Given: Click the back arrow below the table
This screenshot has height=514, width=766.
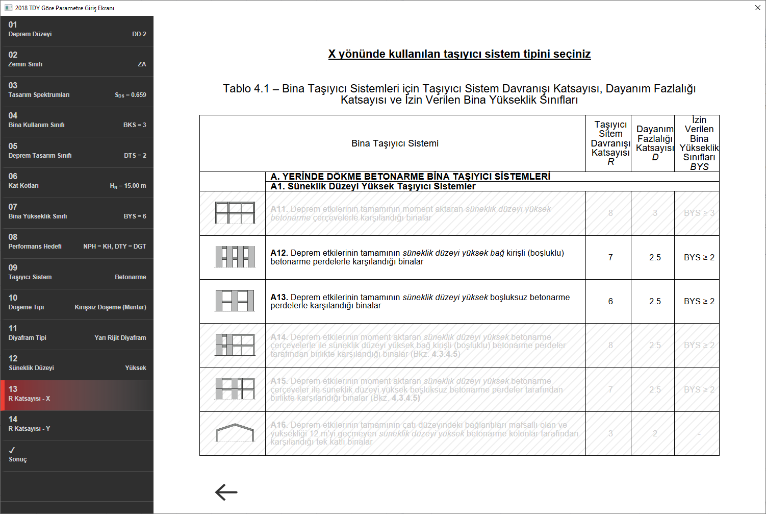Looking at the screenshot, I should coord(226,492).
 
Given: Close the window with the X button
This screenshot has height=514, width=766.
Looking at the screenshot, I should coord(757,8).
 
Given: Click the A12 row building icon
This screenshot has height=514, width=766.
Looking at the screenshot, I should coord(235,257).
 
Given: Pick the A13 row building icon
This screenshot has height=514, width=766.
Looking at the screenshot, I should coord(235,301).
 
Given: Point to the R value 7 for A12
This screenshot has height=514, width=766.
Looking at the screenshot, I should coord(610,258).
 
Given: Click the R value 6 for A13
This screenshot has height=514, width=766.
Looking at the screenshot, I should coord(610,302).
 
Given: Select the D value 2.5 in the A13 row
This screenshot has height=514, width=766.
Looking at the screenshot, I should coord(655,302).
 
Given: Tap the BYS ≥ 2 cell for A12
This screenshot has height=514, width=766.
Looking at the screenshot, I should coord(699,258).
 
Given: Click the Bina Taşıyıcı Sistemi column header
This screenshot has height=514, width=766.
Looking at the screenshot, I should coord(395,143).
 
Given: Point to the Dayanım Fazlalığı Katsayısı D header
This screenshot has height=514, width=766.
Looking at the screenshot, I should coord(655,143).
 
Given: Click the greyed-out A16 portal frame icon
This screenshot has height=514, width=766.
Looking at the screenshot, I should coord(235,433).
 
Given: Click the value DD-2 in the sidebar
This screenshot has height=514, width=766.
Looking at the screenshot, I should coord(139,34).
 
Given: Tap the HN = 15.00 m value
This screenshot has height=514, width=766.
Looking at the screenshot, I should coord(127,186).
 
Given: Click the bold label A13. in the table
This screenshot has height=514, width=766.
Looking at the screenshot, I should coord(279,297).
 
